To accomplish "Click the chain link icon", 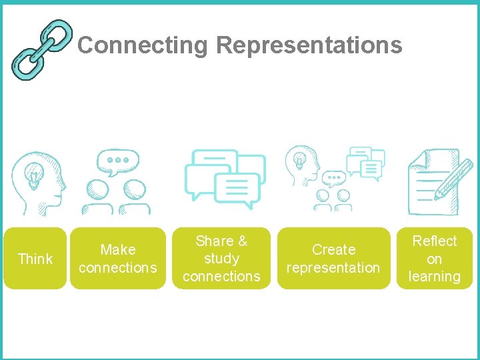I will click(42, 49).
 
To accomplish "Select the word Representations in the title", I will click(309, 45).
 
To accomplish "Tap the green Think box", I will click(35, 259).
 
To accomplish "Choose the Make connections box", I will click(118, 259).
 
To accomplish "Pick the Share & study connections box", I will click(221, 259).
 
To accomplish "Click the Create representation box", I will click(333, 259).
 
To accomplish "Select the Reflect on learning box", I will click(435, 259).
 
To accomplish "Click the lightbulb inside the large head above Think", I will click(31, 175).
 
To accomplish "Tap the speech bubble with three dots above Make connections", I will click(117, 161).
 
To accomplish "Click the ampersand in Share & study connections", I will click(241, 241).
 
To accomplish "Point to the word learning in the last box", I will click(435, 277).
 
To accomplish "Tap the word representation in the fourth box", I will click(333, 268).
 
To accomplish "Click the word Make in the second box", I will click(118, 250).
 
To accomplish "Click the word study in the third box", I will click(221, 259).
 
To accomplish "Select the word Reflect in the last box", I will click(435, 241).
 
